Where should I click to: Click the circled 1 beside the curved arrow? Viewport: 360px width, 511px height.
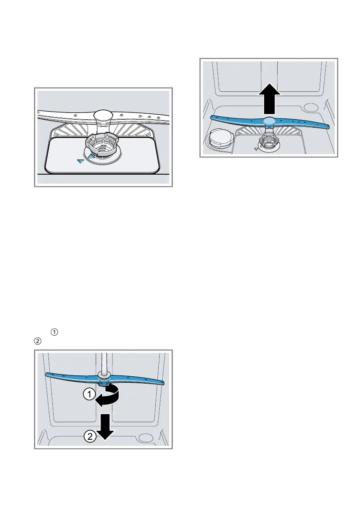pyautogui.click(x=89, y=394)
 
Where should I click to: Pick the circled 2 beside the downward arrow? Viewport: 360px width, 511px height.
pyautogui.click(x=90, y=436)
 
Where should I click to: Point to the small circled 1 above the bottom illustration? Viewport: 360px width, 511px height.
pyautogui.click(x=54, y=332)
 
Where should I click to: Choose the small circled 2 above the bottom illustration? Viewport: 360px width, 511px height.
pyautogui.click(x=37, y=341)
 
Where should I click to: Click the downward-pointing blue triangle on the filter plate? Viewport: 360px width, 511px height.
pyautogui.click(x=81, y=161)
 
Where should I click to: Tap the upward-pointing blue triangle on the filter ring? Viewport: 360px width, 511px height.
pyautogui.click(x=92, y=157)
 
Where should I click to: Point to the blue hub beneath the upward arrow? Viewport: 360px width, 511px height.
pyautogui.click(x=269, y=121)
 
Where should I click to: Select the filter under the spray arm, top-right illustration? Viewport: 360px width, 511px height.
pyautogui.click(x=269, y=141)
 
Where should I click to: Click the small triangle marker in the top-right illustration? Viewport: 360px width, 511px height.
pyautogui.click(x=256, y=148)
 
